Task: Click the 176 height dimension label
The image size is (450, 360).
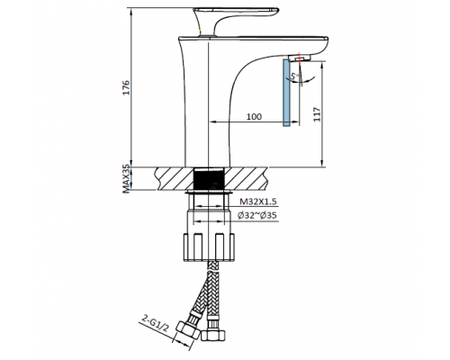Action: pyautogui.click(x=127, y=87)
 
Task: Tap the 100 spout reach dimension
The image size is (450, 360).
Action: pyautogui.click(x=254, y=116)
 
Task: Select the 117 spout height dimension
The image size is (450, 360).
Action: pyautogui.click(x=317, y=114)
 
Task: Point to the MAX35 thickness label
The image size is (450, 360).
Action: pyautogui.click(x=127, y=179)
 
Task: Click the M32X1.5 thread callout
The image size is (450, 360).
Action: pyautogui.click(x=257, y=202)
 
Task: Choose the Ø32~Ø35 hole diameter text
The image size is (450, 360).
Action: pyautogui.click(x=257, y=215)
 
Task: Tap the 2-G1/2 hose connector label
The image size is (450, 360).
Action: pyautogui.click(x=155, y=323)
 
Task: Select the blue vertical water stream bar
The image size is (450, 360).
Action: pyautogui.click(x=286, y=93)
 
